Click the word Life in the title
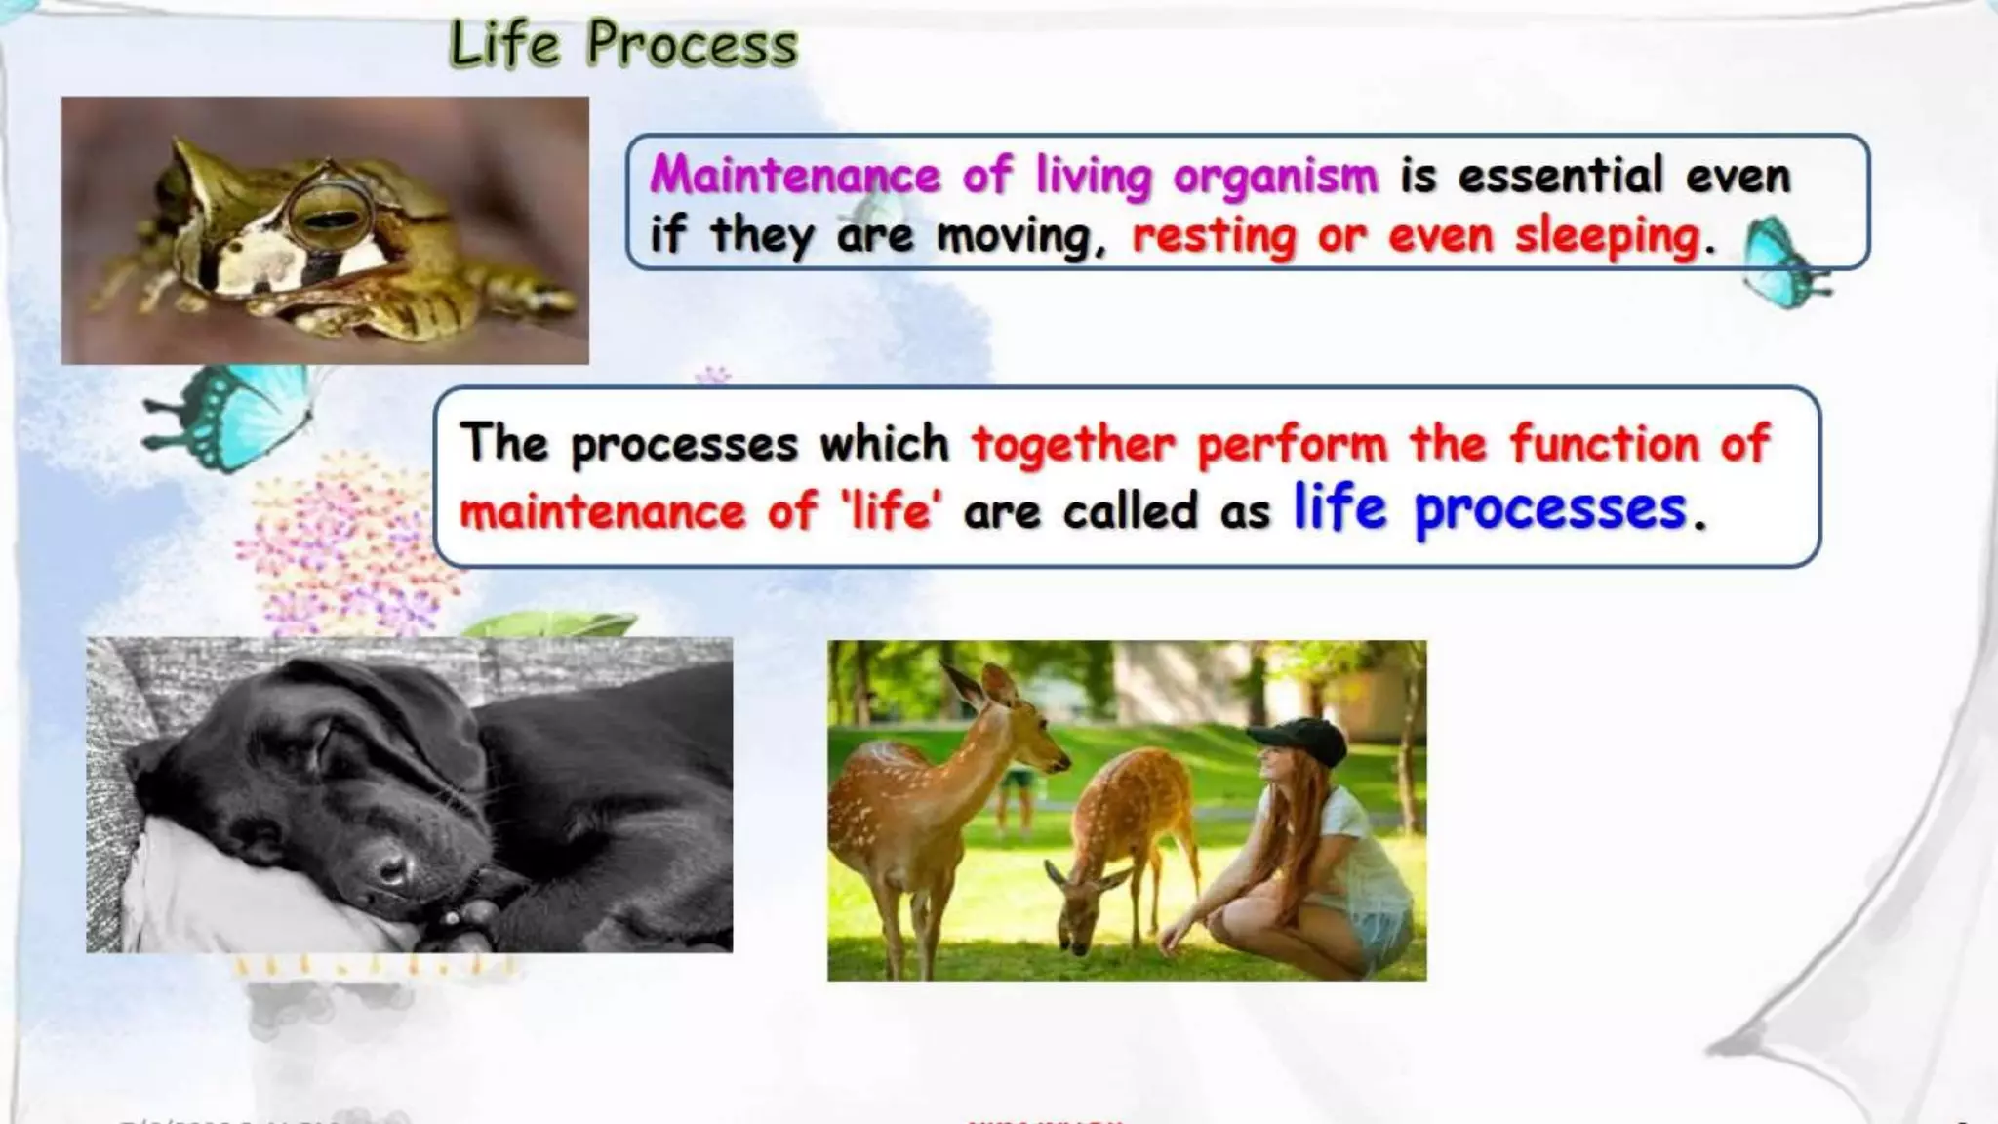[x=504, y=45]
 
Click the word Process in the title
[x=692, y=45]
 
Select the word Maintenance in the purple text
[x=795, y=177]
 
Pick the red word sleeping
[x=1606, y=237]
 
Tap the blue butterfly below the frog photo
[x=229, y=415]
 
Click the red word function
[x=1604, y=444]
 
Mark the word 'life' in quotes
[x=891, y=511]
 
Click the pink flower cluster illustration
[x=341, y=546]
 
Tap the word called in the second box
[x=1129, y=511]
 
